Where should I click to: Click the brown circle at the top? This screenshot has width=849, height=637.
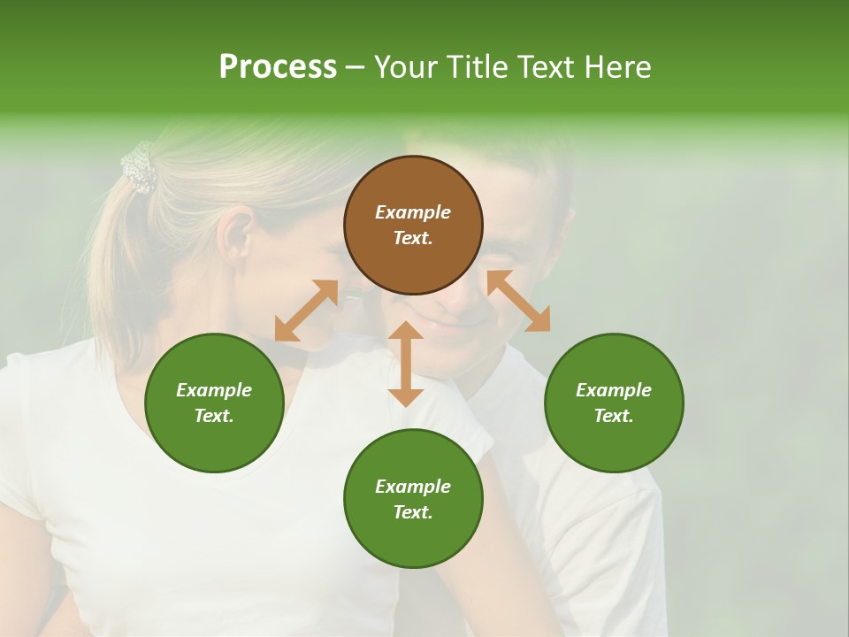(x=413, y=225)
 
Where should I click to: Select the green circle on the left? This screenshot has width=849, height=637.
(x=214, y=403)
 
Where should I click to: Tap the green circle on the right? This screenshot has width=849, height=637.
(x=614, y=403)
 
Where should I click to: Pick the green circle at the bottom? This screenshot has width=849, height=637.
(x=413, y=499)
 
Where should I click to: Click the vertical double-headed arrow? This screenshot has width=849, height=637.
(x=406, y=364)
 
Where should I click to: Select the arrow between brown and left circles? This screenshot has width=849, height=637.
(x=306, y=311)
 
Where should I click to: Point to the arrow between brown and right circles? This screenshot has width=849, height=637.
(x=518, y=301)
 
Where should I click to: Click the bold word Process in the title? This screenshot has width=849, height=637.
(x=278, y=66)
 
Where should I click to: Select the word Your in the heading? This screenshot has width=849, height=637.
(x=406, y=66)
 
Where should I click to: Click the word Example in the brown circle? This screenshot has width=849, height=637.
(x=413, y=212)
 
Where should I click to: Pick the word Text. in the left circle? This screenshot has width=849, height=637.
(x=214, y=416)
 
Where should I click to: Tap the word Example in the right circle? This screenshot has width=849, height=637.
(x=614, y=390)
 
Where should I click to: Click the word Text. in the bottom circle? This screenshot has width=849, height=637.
(x=413, y=512)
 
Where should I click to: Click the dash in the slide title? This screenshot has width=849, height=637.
(x=356, y=66)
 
